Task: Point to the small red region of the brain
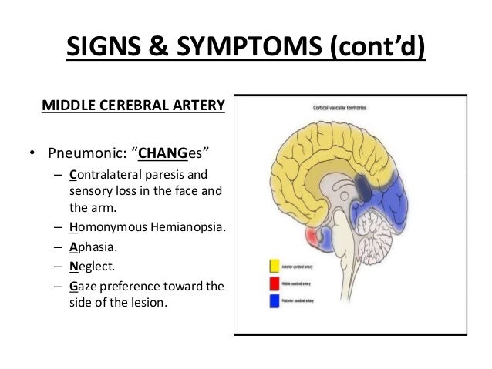(312, 236)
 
